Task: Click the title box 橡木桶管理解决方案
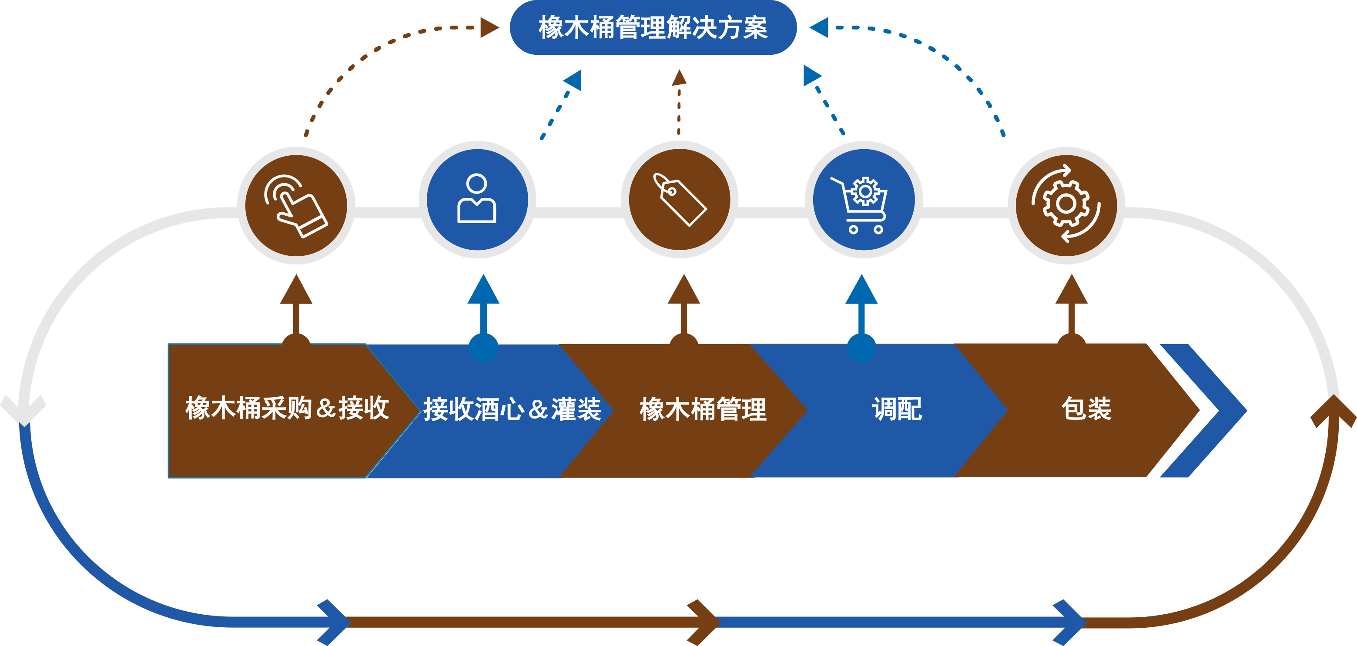pos(653,27)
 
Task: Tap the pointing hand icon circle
pos(296,205)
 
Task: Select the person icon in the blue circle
pos(477,199)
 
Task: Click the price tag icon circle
pos(680,199)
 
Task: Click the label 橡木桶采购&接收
pos(287,408)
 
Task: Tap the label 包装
pos(1086,408)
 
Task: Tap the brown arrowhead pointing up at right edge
pos(1333,411)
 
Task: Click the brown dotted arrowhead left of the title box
pos(489,27)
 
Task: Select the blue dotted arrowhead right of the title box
pos(819,27)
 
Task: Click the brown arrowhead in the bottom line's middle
pos(703,622)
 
